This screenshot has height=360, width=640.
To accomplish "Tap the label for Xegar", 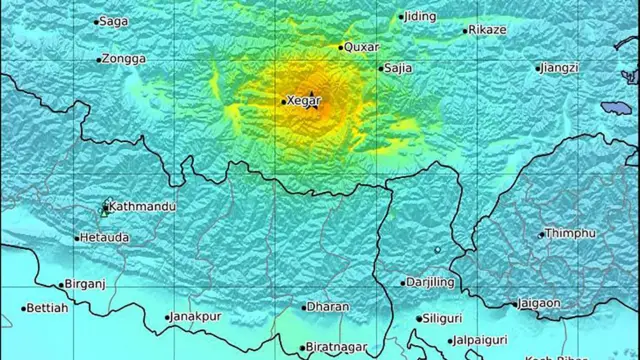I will (303, 100).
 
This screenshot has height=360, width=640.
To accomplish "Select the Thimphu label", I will (567, 233).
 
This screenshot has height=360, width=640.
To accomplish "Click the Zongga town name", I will (124, 59).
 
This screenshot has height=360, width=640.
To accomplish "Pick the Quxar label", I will (361, 46).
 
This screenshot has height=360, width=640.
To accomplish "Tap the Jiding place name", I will (421, 16).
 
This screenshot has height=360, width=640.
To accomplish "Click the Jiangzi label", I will (560, 68).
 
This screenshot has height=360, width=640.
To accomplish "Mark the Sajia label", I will (400, 68).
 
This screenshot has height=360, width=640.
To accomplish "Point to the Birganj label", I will (84, 283).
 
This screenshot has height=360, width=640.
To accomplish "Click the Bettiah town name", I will (48, 308).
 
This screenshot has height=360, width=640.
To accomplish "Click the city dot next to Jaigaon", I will (513, 303).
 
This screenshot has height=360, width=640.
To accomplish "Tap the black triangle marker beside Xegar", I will (313, 95).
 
